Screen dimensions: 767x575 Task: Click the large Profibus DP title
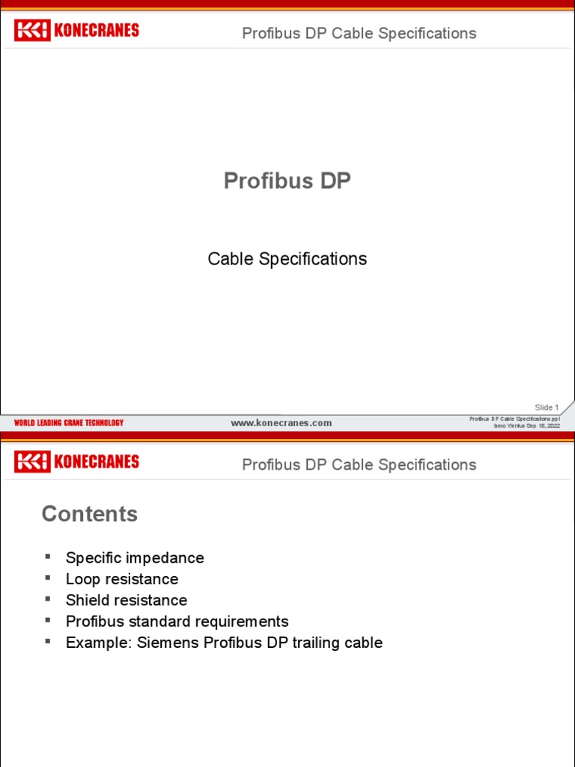(287, 181)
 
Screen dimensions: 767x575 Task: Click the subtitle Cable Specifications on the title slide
(287, 259)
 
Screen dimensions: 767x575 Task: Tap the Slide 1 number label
(547, 407)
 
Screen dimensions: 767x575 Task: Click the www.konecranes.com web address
(281, 423)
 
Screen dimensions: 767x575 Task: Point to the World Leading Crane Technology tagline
(69, 423)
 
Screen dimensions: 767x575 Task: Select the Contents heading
(90, 514)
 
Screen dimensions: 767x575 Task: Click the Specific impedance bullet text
(135, 558)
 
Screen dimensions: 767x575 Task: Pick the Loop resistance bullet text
(122, 579)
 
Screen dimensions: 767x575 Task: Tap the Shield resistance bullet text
(127, 600)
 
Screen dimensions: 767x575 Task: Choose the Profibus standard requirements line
(177, 622)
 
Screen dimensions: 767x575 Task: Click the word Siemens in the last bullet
(162, 643)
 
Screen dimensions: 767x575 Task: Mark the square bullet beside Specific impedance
(49, 557)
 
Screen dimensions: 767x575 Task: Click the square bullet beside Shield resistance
(49, 598)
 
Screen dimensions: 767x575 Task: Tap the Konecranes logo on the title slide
(76, 31)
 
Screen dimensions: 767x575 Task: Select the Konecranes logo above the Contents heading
(76, 461)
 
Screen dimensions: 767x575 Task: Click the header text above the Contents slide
(359, 465)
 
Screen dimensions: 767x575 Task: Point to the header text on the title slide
(359, 34)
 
